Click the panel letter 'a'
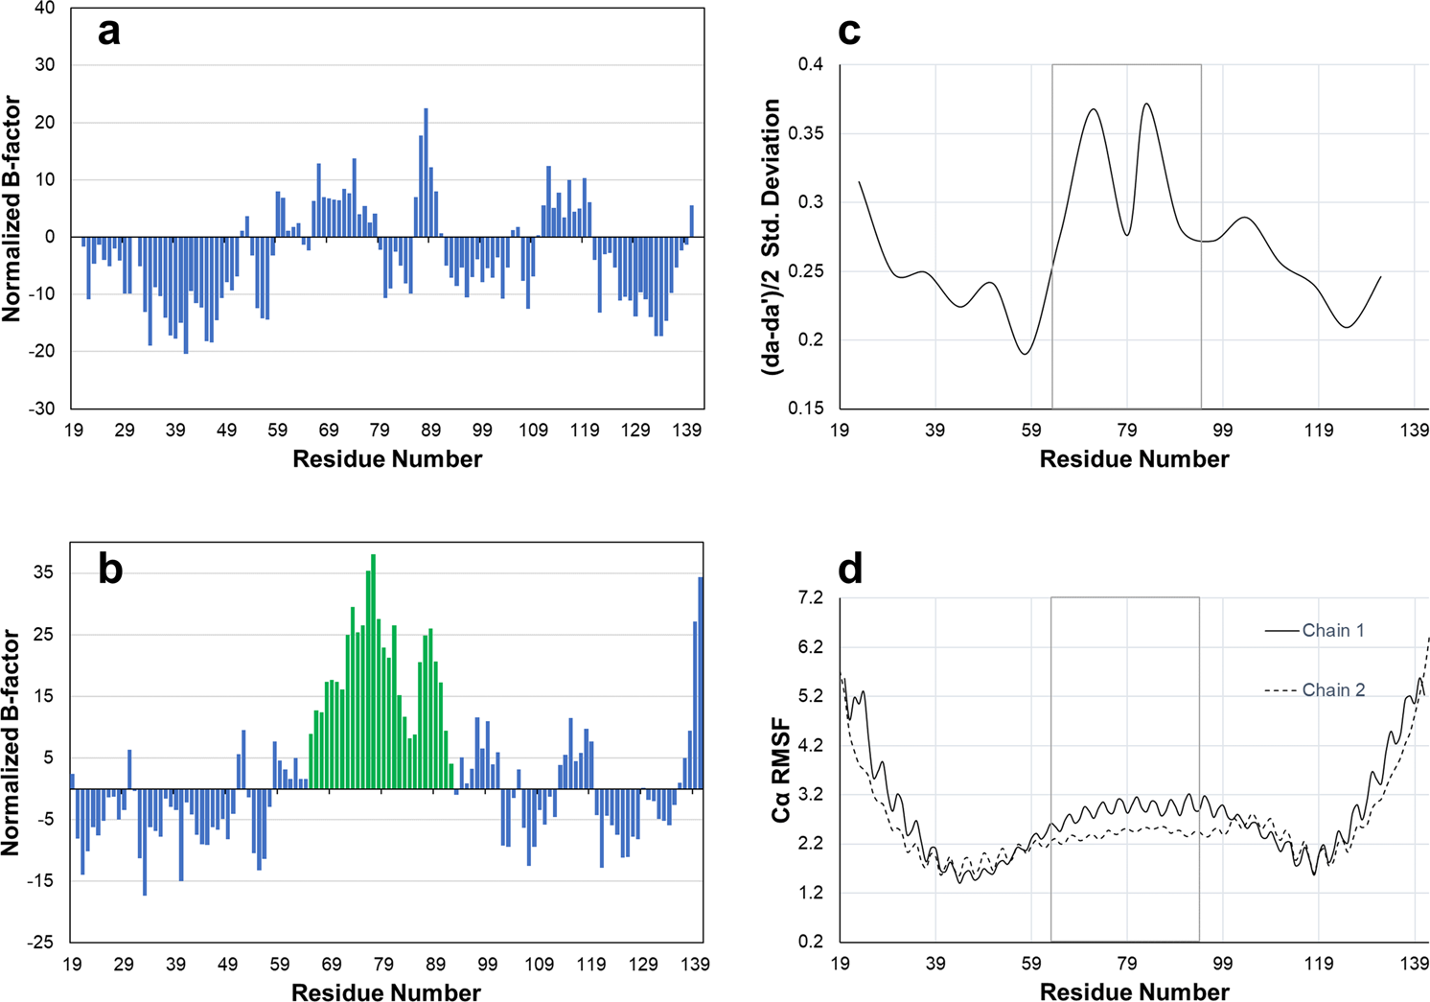coord(109,33)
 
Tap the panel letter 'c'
coord(848,32)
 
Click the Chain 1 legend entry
coord(1332,631)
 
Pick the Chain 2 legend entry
coord(1332,690)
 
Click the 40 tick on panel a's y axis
coord(44,9)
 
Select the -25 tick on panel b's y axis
coord(40,943)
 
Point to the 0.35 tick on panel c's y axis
coord(804,133)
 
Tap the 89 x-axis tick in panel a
coord(430,431)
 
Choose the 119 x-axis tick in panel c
coord(1319,431)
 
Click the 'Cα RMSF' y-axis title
coord(781,769)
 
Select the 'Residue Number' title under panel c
coord(1134,459)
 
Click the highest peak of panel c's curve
coord(1146,104)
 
